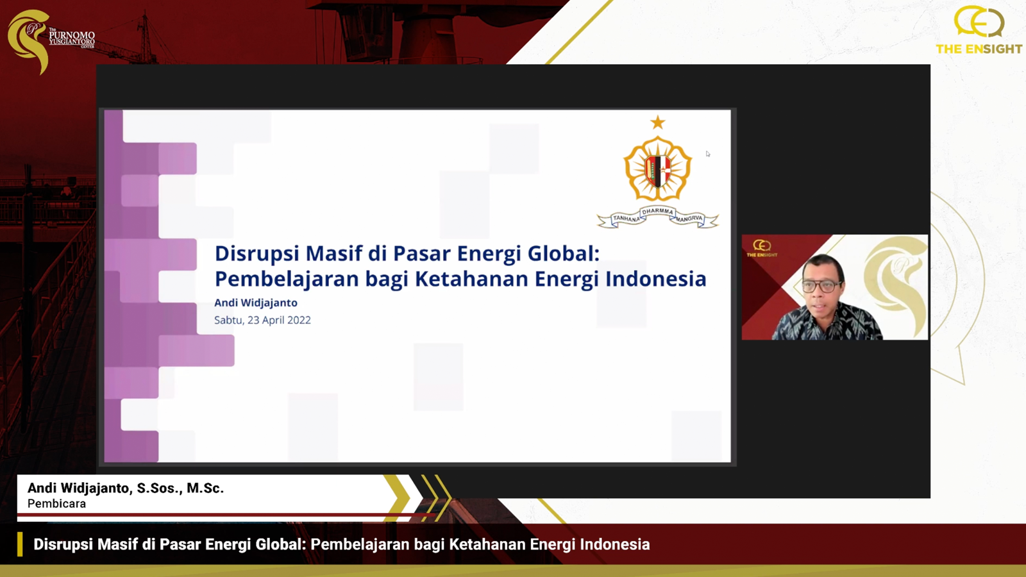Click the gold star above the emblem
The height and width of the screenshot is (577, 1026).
[x=658, y=122]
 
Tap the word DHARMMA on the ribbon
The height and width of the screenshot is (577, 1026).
[x=658, y=212]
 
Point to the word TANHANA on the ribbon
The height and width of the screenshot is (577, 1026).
[x=626, y=219]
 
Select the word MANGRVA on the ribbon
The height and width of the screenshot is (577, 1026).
[x=689, y=219]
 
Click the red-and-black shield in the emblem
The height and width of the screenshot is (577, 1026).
[x=658, y=172]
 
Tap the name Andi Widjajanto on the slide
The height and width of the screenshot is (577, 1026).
[x=256, y=303]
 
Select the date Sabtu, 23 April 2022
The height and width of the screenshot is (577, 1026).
[x=262, y=320]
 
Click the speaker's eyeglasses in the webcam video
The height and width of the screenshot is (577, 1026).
[x=822, y=286]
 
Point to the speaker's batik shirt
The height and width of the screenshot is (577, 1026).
[x=827, y=323]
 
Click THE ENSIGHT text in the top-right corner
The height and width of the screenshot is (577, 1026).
[x=979, y=49]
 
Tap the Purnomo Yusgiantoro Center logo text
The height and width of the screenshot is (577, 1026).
[x=72, y=38]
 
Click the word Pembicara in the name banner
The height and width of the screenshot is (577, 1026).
[x=57, y=504]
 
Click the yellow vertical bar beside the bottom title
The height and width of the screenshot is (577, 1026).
[x=20, y=544]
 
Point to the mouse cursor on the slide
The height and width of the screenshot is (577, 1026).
[x=708, y=154]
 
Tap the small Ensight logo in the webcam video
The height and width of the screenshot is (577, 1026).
[x=762, y=248]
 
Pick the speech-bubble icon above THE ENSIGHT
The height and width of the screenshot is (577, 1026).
[x=979, y=22]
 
